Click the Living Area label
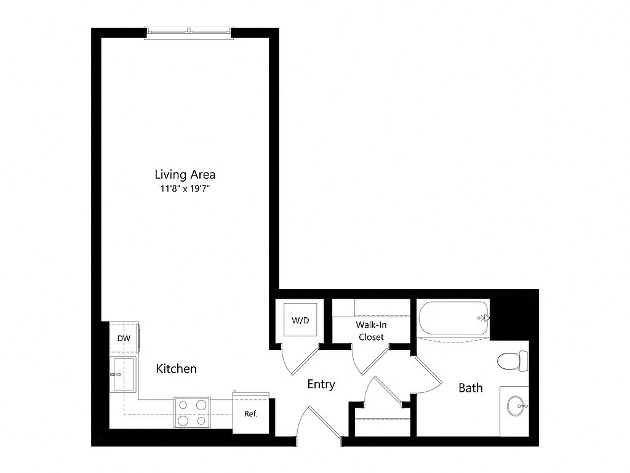pyautogui.click(x=185, y=174)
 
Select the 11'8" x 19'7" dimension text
pyautogui.click(x=185, y=188)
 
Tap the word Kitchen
pyautogui.click(x=177, y=369)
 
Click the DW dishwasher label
pyautogui.click(x=124, y=338)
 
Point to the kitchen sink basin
pyautogui.click(x=124, y=374)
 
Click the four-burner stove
pyautogui.click(x=192, y=412)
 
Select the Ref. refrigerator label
pyautogui.click(x=251, y=413)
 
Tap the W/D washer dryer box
pyautogui.click(x=300, y=320)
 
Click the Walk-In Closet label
pyautogui.click(x=371, y=331)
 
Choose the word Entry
pyautogui.click(x=321, y=384)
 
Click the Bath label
pyautogui.click(x=471, y=388)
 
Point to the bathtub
pyautogui.click(x=453, y=318)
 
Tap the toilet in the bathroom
pyautogui.click(x=512, y=361)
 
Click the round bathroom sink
pyautogui.click(x=517, y=406)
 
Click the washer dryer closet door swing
pyautogui.click(x=300, y=360)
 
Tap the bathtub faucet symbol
pyautogui.click(x=484, y=318)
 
